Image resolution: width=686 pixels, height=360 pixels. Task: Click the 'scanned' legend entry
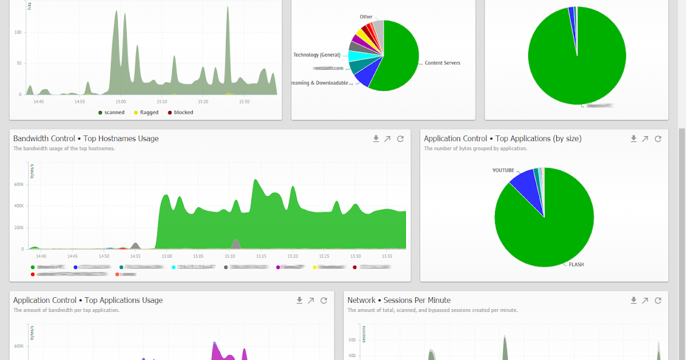point(114,113)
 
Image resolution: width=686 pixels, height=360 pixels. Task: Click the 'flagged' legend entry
point(149,113)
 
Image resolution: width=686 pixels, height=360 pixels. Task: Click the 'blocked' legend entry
point(183,113)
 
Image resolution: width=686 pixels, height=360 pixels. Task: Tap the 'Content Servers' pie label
point(442,63)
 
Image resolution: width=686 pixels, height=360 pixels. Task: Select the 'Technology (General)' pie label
point(317,55)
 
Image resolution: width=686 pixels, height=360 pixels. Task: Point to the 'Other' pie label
point(366,17)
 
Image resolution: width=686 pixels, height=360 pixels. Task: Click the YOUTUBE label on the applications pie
point(503,170)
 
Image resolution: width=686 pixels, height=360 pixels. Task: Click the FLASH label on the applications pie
point(576,265)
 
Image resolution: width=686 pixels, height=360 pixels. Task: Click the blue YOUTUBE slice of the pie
point(523,186)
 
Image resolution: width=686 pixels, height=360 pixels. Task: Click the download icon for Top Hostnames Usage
point(376,139)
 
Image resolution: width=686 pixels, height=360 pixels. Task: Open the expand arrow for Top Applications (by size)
point(645,139)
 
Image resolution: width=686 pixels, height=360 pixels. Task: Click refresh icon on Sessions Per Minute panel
point(658,301)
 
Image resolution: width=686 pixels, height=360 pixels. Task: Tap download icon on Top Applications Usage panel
point(299,301)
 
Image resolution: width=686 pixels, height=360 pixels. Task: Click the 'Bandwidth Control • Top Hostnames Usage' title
point(86,139)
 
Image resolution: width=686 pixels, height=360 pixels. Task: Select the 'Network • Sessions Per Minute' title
point(399,301)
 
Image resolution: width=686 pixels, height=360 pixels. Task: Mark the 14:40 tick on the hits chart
point(39,101)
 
